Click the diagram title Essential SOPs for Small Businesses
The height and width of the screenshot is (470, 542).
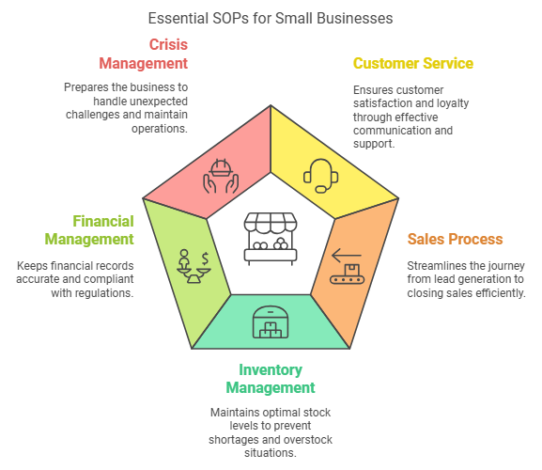(x=271, y=18)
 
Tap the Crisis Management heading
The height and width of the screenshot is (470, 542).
(x=144, y=54)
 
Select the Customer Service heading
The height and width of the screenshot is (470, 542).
(x=413, y=63)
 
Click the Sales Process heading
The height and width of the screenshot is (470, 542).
(x=455, y=239)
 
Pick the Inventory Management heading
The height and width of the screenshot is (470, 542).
(x=271, y=379)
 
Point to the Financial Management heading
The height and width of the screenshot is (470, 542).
(x=89, y=230)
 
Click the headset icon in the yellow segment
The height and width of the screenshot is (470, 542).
(x=320, y=176)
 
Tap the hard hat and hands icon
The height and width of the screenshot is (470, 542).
(x=221, y=176)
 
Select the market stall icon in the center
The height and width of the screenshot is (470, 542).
(x=271, y=239)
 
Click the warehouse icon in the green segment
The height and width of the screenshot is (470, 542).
(x=271, y=322)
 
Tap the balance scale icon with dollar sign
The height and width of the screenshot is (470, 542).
(x=194, y=267)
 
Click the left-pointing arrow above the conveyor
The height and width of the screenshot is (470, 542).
(x=347, y=256)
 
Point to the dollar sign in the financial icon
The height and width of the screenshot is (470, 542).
(x=205, y=258)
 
